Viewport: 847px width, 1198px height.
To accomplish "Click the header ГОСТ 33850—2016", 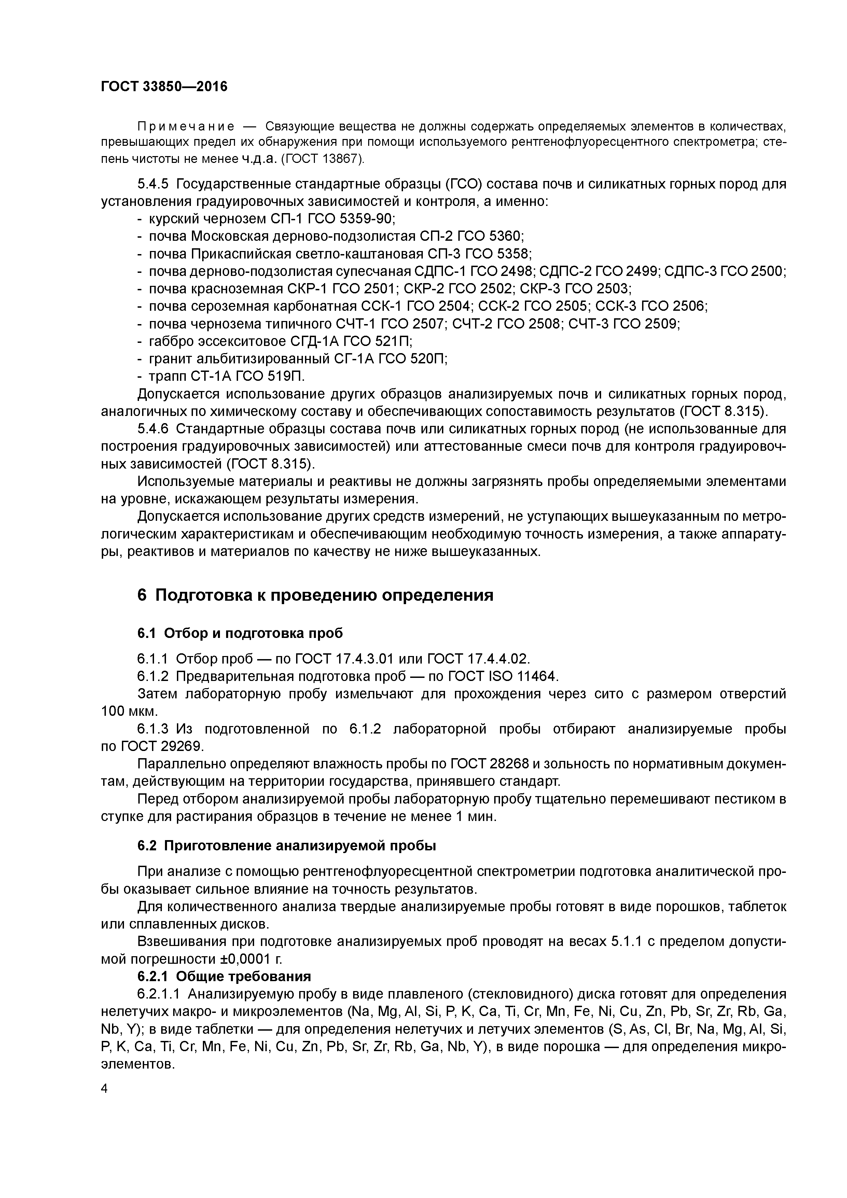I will click(164, 86).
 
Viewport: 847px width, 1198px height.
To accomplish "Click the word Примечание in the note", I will click(185, 127).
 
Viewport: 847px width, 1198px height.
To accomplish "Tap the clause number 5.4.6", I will click(153, 429).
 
